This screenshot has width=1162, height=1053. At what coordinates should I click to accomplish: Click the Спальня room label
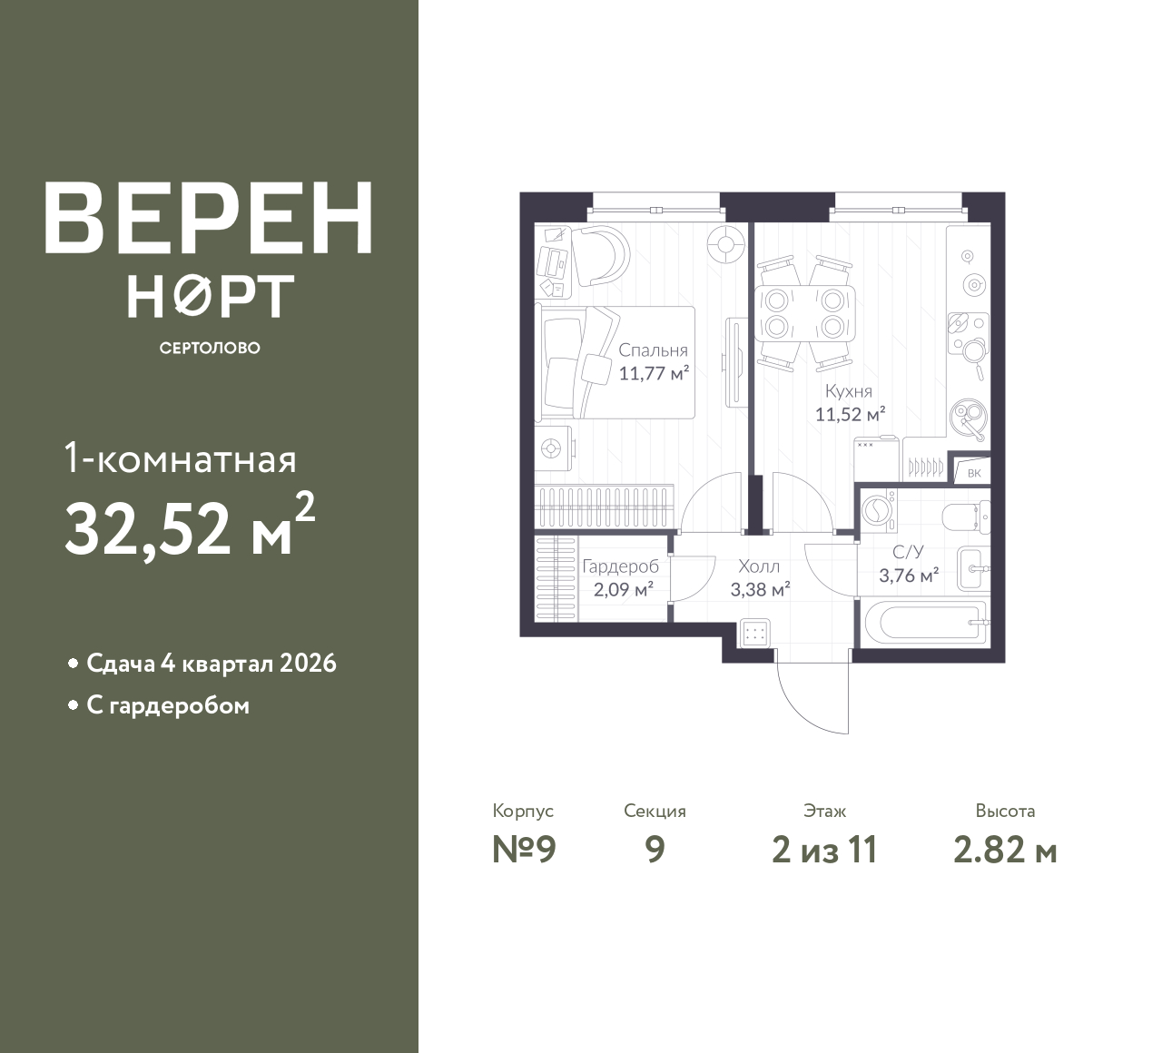(x=653, y=349)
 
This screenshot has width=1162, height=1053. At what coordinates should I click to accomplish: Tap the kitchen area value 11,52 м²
(x=851, y=414)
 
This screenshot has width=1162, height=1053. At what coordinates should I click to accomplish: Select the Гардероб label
(x=620, y=566)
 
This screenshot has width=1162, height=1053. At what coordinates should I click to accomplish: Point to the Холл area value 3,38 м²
(x=760, y=590)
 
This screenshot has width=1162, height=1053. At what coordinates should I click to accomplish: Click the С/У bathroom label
(x=909, y=552)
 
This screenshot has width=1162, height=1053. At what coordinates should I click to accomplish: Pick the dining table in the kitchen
(x=805, y=314)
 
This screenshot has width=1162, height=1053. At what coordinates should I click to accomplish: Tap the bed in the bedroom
(x=615, y=362)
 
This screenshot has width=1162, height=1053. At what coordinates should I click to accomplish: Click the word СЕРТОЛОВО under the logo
(x=210, y=348)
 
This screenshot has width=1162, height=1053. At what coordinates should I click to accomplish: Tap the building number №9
(x=524, y=851)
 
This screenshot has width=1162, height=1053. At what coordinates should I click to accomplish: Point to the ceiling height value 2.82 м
(x=1005, y=851)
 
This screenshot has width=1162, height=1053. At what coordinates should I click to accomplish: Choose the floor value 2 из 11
(x=824, y=851)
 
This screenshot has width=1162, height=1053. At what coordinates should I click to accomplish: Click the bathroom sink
(x=973, y=569)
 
